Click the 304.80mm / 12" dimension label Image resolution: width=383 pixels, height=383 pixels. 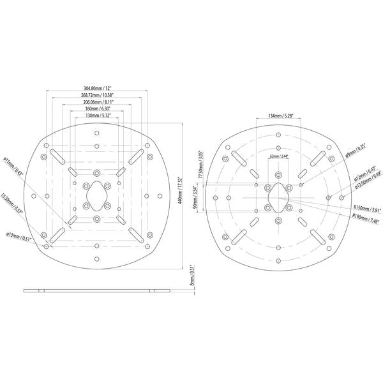click(x=98, y=87)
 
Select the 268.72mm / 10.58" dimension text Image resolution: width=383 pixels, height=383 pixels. click(x=98, y=94)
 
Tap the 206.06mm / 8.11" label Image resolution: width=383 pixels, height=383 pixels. click(x=98, y=102)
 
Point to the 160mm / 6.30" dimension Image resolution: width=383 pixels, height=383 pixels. click(x=98, y=109)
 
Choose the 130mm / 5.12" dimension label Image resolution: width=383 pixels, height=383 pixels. click(x=98, y=116)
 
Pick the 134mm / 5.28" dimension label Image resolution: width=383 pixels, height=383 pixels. click(x=280, y=116)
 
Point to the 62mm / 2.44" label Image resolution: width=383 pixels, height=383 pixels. click(x=279, y=156)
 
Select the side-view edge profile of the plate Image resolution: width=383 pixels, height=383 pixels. click(x=97, y=291)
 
